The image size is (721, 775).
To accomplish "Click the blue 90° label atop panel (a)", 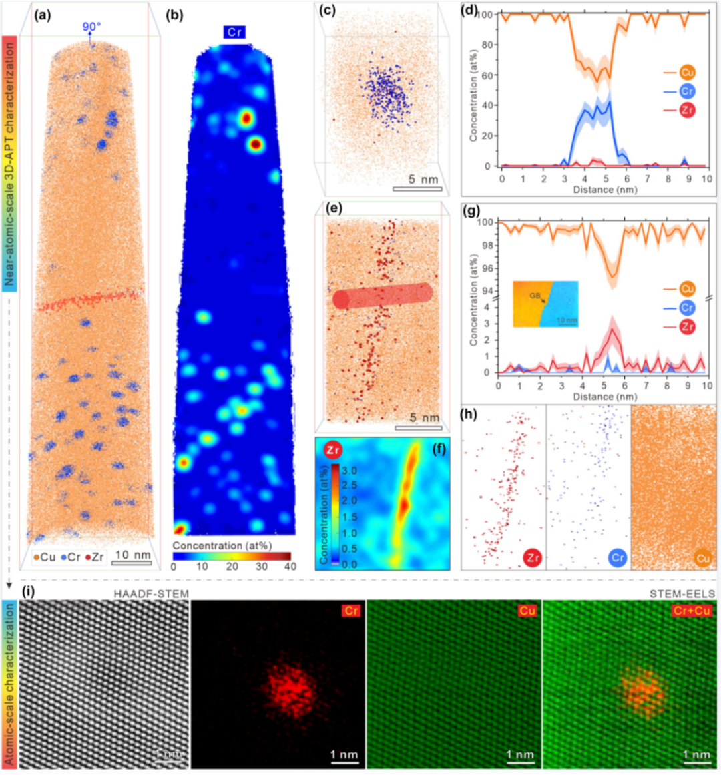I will pyautogui.click(x=91, y=27).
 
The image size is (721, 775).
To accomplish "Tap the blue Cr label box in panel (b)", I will pyautogui.click(x=234, y=32).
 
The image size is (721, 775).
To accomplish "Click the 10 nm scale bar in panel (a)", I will pyautogui.click(x=132, y=563).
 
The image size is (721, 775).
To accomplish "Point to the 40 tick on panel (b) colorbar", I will pyautogui.click(x=290, y=567).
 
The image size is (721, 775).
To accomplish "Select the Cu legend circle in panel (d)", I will pyautogui.click(x=686, y=73).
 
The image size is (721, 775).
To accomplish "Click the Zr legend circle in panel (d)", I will pyautogui.click(x=686, y=110).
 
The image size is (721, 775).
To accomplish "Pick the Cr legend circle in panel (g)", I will pyautogui.click(x=686, y=308).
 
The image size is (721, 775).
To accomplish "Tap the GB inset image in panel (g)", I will pyautogui.click(x=545, y=304).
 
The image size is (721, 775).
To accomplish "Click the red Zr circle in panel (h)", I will pyautogui.click(x=532, y=557).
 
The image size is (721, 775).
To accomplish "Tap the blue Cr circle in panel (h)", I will pyautogui.click(x=618, y=557).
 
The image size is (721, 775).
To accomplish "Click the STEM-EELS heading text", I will pyautogui.click(x=682, y=593).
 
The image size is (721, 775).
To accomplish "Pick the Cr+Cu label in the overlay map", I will pyautogui.click(x=692, y=610).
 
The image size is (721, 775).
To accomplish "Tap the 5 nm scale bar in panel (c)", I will pyautogui.click(x=417, y=189).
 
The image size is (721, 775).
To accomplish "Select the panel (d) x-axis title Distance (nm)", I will pyautogui.click(x=604, y=190).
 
